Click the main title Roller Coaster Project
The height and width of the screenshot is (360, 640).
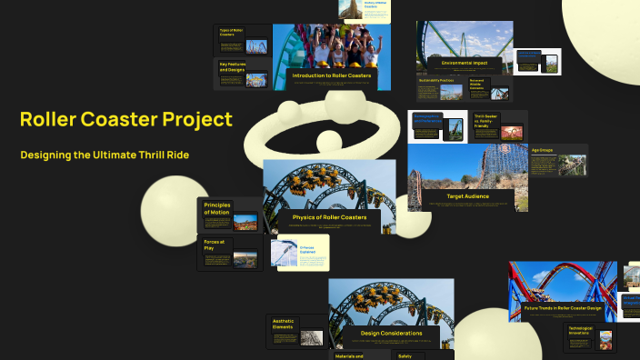[125, 119]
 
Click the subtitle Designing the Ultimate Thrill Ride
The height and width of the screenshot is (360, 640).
[105, 155]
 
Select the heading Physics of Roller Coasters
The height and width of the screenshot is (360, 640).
[329, 217]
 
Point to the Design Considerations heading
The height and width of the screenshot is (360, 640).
[391, 334]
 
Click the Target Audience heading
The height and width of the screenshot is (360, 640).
[467, 196]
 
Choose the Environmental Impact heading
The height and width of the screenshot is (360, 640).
[464, 63]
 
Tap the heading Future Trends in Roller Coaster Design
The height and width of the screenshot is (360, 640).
[563, 308]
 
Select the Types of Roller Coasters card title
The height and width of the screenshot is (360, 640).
[230, 32]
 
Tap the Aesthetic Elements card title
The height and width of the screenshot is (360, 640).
[285, 323]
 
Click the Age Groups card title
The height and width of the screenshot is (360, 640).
[542, 150]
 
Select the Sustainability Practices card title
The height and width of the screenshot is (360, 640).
[435, 81]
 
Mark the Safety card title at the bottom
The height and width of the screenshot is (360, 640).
[405, 356]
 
